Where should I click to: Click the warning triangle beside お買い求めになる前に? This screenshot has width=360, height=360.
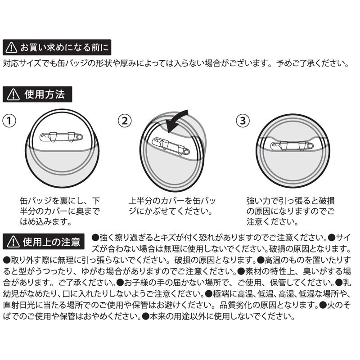11,47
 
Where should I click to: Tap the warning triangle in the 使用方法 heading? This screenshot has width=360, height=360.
13,94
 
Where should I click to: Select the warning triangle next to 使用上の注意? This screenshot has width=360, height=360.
13,242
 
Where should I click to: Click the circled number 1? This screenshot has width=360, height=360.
9,121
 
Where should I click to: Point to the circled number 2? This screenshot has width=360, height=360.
125,121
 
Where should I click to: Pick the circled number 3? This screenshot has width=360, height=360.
243,121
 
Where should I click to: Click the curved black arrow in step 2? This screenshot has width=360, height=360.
176,121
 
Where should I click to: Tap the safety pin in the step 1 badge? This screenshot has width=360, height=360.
61,137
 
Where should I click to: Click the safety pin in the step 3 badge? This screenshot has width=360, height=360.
292,146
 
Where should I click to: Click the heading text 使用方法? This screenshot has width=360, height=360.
45,94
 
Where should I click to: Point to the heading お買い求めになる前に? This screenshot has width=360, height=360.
64,47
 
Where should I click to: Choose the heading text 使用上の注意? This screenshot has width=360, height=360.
51,242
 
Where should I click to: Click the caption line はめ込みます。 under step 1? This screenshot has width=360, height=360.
46,222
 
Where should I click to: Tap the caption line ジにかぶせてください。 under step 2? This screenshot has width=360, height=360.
171,211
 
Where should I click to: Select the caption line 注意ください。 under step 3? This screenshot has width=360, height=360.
272,222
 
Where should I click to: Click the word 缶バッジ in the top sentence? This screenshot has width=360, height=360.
72,63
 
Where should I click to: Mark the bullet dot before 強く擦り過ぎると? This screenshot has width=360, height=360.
95,238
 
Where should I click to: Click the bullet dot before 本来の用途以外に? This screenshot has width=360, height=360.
146,317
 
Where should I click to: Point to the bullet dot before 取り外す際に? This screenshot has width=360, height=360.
7,260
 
